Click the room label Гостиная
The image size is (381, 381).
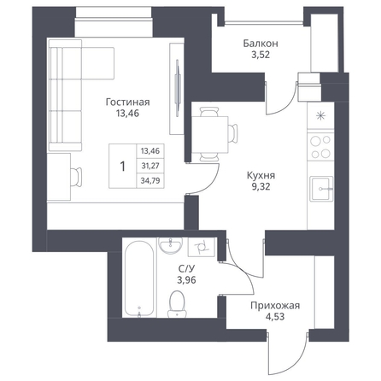pos(127,102)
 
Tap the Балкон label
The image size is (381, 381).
pos(261,44)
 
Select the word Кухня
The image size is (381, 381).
pos(261,175)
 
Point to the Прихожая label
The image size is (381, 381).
pos(275,306)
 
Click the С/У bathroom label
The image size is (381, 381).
pos(186,269)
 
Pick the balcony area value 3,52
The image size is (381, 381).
pos(261,55)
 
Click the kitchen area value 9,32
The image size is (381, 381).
pos(261,187)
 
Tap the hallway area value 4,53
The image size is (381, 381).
pos(275,317)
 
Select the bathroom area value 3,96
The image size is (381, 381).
pos(186,280)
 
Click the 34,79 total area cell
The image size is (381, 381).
pos(150,180)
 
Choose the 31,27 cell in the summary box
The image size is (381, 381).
pos(150,166)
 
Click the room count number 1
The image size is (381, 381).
pos(123,166)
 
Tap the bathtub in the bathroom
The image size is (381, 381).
pos(139,278)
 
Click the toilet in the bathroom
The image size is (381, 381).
pos(177,304)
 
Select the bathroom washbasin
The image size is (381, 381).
pos(171,245)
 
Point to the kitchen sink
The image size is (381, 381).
pos(321,189)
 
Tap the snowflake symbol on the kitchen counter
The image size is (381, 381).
pos(320,115)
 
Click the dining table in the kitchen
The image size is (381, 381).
pos(210,135)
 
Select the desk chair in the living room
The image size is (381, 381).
pos(76,177)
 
